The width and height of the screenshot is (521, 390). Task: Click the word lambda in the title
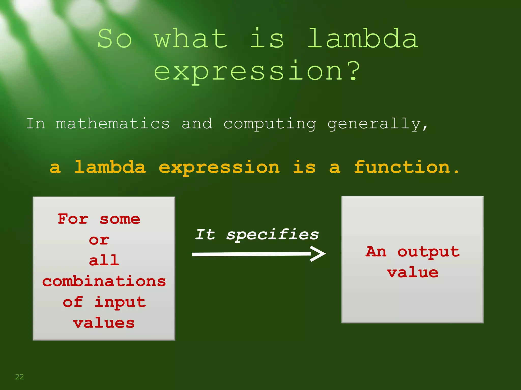[363, 39]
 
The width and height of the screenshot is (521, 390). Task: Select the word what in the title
[191, 39]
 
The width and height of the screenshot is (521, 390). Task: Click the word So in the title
[115, 39]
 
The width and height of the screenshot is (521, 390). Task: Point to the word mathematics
[113, 124]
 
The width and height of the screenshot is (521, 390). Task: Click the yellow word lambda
[110, 167]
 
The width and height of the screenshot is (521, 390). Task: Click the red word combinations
[104, 281]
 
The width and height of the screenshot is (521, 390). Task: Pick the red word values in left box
[104, 323]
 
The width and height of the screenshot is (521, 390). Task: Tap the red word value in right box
[413, 273]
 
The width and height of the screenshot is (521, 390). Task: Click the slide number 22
[20, 377]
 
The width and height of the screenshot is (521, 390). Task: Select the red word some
[120, 219]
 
